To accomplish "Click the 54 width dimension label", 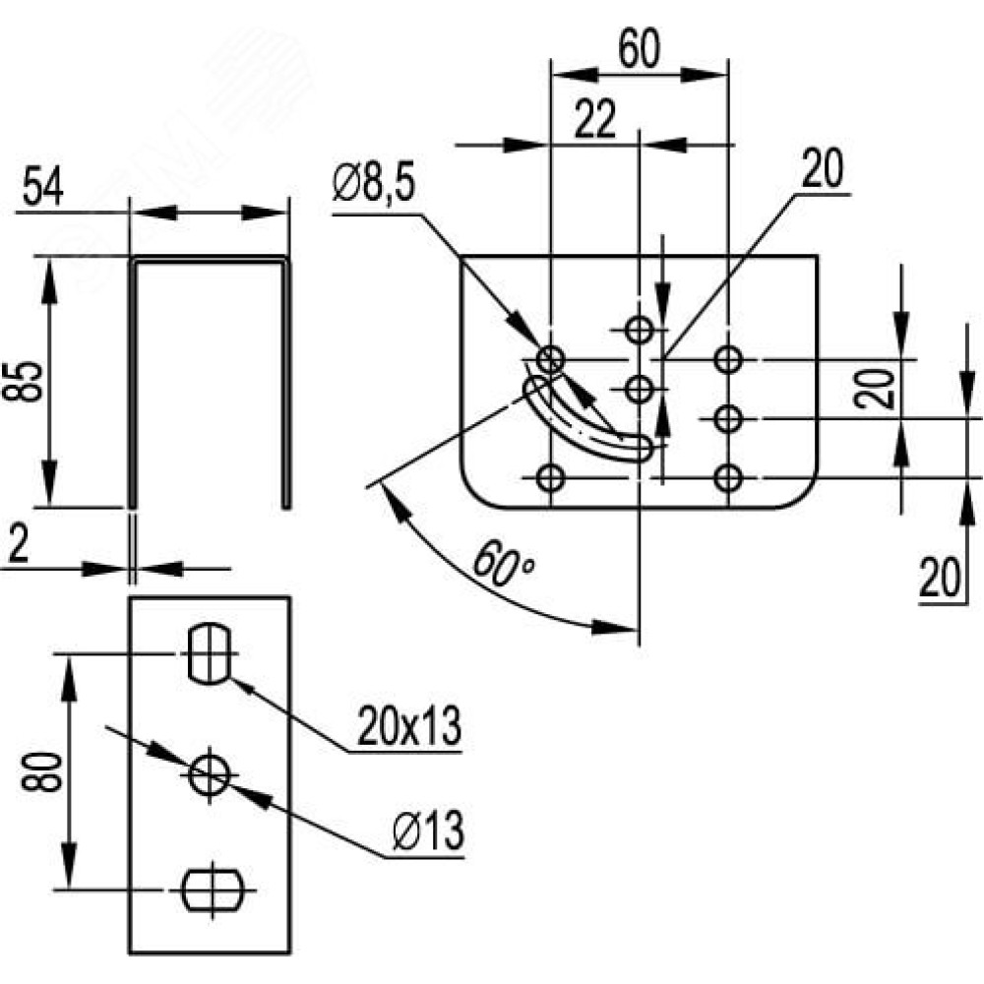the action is click(x=42, y=188).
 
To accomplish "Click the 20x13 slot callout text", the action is click(x=409, y=726).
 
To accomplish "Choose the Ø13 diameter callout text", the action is click(x=429, y=830).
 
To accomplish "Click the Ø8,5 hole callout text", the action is click(x=375, y=183).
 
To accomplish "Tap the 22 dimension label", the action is click(x=594, y=120).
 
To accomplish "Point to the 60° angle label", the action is click(x=503, y=564).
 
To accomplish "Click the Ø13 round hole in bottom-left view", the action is click(x=210, y=775).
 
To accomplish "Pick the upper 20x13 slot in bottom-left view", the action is click(x=210, y=653).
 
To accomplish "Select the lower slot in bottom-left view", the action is click(x=213, y=890).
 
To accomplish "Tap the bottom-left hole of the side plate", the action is click(x=550, y=478).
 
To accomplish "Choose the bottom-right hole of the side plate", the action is click(x=728, y=478).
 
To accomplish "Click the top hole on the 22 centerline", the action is click(x=639, y=329).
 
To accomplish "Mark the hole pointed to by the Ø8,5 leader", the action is click(x=550, y=360).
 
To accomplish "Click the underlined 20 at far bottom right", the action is click(x=940, y=578).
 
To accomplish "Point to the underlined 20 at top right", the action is click(x=822, y=168).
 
